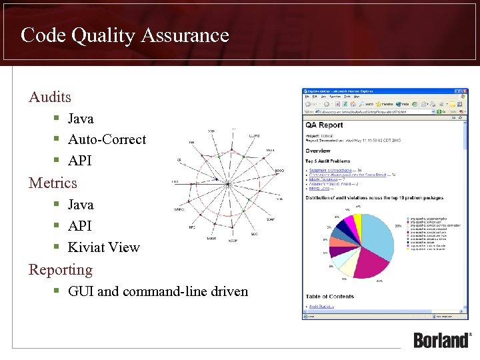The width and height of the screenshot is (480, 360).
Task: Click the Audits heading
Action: tap(50, 97)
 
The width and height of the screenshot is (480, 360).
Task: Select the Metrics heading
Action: tap(53, 183)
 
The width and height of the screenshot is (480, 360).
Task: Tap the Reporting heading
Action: tap(60, 270)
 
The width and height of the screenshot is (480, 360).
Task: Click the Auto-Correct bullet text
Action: tap(107, 139)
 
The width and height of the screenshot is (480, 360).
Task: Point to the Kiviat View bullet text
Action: tap(104, 247)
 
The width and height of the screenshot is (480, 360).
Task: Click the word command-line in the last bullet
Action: tap(175, 291)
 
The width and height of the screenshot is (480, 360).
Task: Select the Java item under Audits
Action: tap(81, 119)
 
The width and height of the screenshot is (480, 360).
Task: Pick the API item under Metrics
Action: tap(79, 226)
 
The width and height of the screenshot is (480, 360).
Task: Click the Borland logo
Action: tap(442, 339)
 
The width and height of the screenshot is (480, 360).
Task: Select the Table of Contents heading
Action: tap(330, 296)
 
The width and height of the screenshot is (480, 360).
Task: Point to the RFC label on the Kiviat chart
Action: tap(192, 227)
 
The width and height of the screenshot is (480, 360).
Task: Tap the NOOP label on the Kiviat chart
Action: tap(233, 240)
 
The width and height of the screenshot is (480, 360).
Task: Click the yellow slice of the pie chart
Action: tap(357, 219)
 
